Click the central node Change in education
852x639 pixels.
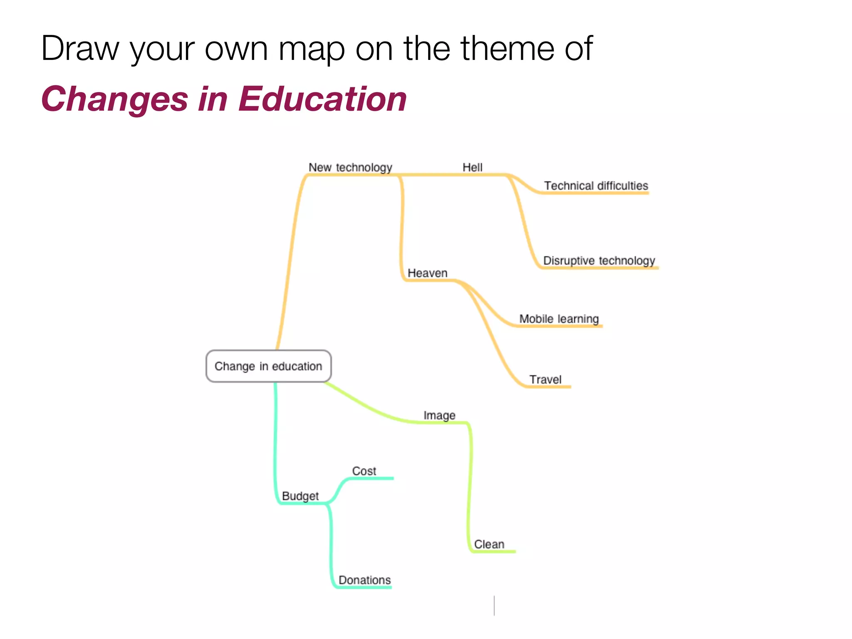coord(268,366)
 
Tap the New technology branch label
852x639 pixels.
coord(350,167)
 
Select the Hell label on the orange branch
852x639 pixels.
coord(472,167)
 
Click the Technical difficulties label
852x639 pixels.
coord(596,186)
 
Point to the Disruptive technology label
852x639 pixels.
coord(599,260)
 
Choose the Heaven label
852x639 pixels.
coord(427,273)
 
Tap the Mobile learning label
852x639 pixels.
coord(559,319)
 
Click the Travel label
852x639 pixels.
coord(545,379)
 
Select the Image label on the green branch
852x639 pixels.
coord(439,415)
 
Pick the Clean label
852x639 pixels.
coord(489,544)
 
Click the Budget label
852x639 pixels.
coord(300,496)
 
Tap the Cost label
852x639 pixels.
coord(364,471)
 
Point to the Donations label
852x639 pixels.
coord(364,580)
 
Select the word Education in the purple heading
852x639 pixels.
coord(322,99)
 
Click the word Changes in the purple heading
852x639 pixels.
coord(114,99)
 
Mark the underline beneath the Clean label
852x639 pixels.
coord(495,552)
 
